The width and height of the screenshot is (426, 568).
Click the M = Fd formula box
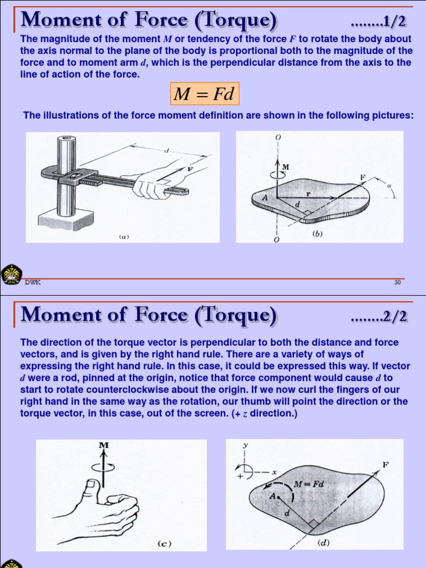[204, 94]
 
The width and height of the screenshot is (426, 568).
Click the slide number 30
[397, 282]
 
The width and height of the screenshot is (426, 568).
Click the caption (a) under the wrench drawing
[124, 236]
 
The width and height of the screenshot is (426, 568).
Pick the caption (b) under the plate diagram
[317, 234]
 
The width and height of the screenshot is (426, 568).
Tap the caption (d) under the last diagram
[323, 542]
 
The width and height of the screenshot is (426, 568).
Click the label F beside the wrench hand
[190, 169]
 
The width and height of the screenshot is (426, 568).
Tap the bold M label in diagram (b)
[286, 166]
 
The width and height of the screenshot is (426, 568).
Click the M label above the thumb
[103, 445]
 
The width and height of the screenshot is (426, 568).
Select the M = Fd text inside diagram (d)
[309, 483]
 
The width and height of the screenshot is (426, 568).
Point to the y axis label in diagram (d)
[244, 445]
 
